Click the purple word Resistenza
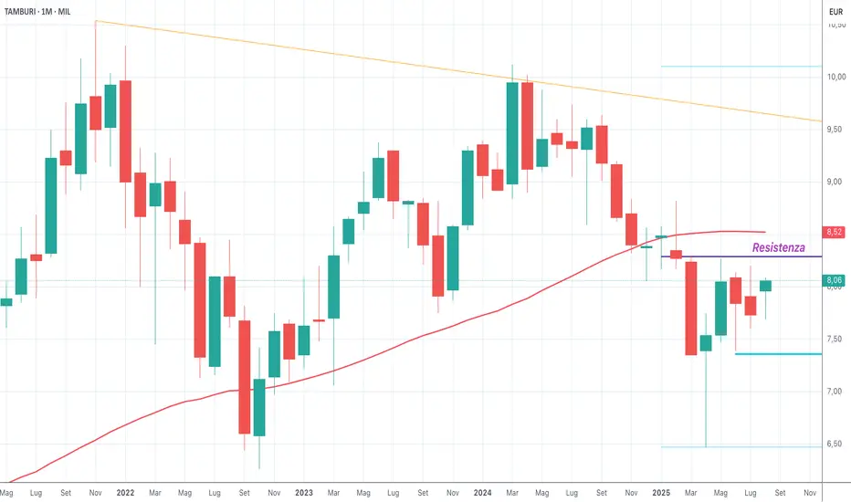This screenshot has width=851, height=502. (x=778, y=247)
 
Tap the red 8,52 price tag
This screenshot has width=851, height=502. (x=833, y=233)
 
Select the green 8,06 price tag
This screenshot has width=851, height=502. (x=833, y=280)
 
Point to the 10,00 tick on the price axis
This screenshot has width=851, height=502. (x=833, y=77)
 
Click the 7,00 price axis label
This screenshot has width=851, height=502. (x=833, y=392)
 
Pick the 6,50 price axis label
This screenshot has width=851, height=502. (x=833, y=444)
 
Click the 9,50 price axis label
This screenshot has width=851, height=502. (x=833, y=130)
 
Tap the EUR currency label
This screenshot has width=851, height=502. (x=834, y=12)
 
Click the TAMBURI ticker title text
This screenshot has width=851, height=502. (x=26, y=12)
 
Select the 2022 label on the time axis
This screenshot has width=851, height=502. (x=125, y=492)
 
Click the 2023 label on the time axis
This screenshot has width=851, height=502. (x=304, y=492)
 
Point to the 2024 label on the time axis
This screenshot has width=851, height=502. (x=483, y=492)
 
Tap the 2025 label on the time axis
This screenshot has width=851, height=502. (x=662, y=492)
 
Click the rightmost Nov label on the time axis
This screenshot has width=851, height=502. (x=810, y=492)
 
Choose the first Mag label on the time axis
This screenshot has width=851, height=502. (x=6, y=492)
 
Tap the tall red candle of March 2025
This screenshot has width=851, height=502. (x=691, y=308)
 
